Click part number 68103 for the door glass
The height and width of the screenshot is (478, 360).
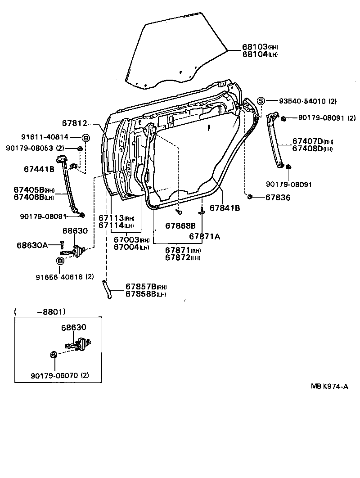click(255, 47)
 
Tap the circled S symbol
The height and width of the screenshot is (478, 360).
click(261, 100)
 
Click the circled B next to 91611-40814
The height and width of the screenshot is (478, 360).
click(86, 137)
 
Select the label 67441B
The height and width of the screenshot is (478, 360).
click(39, 169)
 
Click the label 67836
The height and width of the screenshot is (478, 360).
click(278, 197)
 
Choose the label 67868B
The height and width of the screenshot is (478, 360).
click(180, 225)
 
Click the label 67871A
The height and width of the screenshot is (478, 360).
click(204, 236)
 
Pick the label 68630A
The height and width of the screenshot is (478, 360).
click(32, 245)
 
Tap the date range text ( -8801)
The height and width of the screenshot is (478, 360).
click(40, 311)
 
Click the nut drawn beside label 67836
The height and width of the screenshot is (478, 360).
click(250, 196)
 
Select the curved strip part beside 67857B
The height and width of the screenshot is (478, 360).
click(107, 289)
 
